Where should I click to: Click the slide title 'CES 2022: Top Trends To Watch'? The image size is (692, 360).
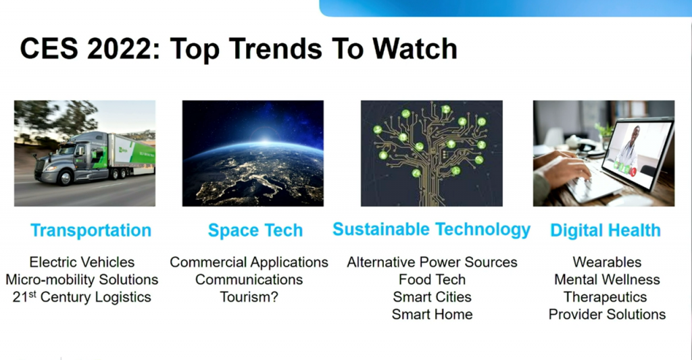[x=239, y=49]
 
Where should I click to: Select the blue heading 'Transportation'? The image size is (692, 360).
[x=91, y=230]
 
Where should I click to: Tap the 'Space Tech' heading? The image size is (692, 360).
[x=255, y=230]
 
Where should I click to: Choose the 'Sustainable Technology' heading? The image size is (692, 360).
[x=431, y=230]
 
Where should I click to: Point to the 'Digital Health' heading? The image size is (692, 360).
[x=605, y=230]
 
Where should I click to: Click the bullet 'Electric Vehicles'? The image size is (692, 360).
[x=82, y=262]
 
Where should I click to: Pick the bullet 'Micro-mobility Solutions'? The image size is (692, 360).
[x=82, y=280]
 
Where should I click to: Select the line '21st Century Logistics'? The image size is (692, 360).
[x=82, y=297]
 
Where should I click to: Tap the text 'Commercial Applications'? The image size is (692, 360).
[x=249, y=263]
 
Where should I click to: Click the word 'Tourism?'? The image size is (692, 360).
[x=249, y=297]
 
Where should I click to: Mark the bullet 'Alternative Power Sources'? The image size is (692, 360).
[x=432, y=262]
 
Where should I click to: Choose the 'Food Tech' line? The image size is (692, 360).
[x=432, y=280]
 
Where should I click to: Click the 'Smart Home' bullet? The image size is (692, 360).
[x=432, y=315]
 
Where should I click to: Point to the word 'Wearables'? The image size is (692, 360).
[x=607, y=262]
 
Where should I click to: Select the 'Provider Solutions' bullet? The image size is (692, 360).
[x=607, y=315]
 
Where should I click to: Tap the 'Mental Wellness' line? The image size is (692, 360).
[x=607, y=280]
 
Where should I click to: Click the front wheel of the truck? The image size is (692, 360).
[x=66, y=178]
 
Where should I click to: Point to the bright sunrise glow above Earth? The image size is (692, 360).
[x=264, y=140]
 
